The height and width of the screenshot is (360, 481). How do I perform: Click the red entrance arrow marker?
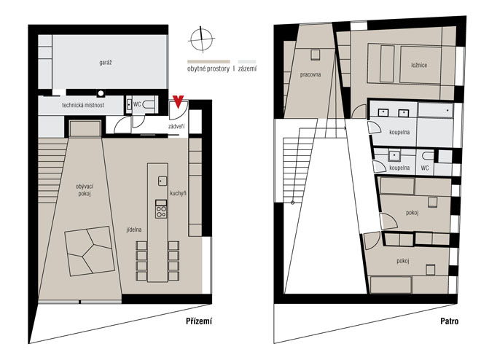[x=178, y=101]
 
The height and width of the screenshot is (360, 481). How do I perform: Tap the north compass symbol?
[x=201, y=39]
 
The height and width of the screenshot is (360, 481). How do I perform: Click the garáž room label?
[x=106, y=63]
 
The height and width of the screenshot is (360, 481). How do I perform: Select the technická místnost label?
[x=83, y=105]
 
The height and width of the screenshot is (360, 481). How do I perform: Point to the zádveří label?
[x=176, y=126]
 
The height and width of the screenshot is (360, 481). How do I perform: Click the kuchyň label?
[x=178, y=193]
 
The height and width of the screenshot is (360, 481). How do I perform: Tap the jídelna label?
[x=134, y=230]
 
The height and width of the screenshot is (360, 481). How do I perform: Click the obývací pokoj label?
[x=85, y=190]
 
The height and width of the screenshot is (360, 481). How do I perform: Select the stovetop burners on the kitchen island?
[x=161, y=211]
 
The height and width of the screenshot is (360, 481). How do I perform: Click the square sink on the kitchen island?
[x=163, y=181]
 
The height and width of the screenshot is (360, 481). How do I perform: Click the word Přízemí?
[x=199, y=321]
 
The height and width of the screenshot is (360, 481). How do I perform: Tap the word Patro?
[x=450, y=321]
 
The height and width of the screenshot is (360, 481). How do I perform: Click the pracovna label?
[x=310, y=74]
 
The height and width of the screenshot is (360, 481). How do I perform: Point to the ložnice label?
[x=419, y=65]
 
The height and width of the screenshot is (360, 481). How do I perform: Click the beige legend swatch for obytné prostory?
[x=208, y=62]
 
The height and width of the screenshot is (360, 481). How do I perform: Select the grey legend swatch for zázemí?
[x=247, y=62]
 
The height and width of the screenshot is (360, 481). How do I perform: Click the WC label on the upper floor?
[x=425, y=168]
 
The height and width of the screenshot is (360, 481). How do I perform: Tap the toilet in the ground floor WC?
[x=149, y=105]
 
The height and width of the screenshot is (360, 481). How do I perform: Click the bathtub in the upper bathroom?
[x=436, y=110]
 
